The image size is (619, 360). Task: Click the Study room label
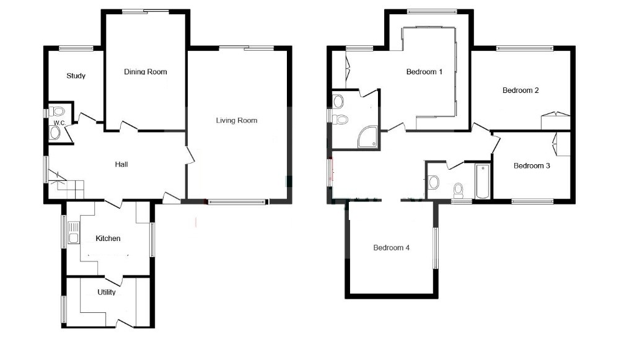point(76,76)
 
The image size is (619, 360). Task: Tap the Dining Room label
point(146,72)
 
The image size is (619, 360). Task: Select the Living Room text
point(236,120)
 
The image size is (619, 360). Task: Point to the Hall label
point(121,164)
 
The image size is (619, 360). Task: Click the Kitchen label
point(108,239)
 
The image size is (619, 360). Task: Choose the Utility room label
point(107,292)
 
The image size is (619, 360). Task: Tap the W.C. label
point(59,123)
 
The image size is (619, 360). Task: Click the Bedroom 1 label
point(424,72)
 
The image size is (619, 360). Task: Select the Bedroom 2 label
point(520,90)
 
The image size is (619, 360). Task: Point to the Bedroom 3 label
point(532,166)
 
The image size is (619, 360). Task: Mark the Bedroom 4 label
point(392,248)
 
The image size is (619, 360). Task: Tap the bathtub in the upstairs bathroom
point(482,182)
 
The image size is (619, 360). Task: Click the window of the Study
point(76,48)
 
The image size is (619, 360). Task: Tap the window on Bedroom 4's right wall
point(436,248)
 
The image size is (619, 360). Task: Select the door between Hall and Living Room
point(190,155)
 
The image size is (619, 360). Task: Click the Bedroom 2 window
point(524,48)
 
